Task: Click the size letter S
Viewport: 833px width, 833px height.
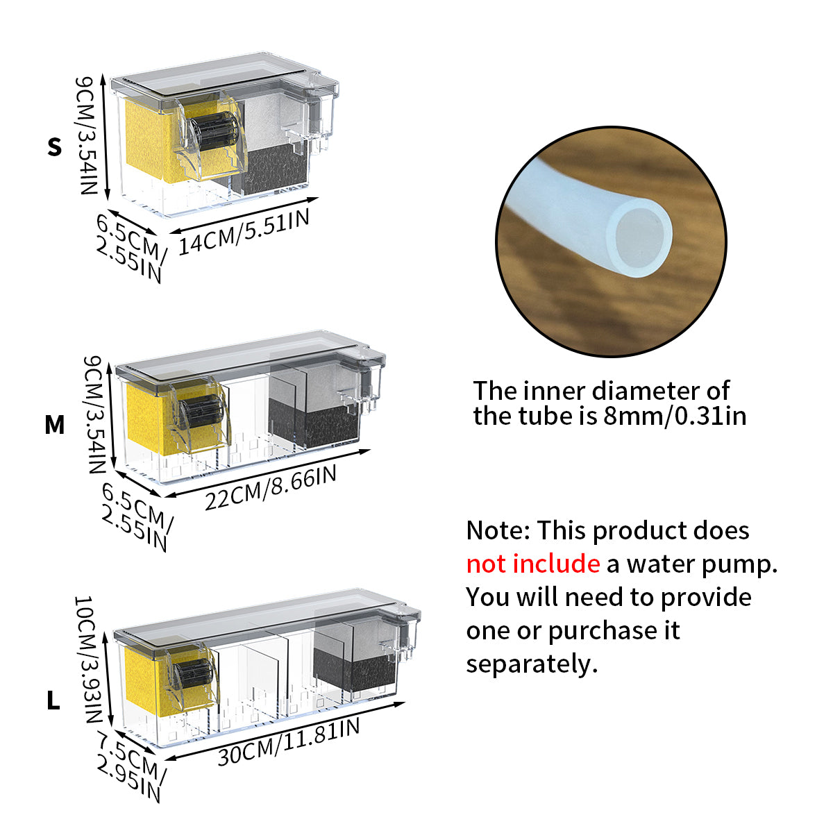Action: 55,147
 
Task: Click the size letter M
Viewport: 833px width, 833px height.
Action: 55,424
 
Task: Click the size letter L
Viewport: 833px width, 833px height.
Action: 53,701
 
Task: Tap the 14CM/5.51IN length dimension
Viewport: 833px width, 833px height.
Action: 244,232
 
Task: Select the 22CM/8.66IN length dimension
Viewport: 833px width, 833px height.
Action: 271,487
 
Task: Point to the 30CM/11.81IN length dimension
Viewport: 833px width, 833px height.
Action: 289,742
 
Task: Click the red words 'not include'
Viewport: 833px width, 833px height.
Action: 532,564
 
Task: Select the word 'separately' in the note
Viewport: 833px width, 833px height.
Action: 531,664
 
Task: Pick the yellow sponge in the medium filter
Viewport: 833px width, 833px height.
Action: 146,416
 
